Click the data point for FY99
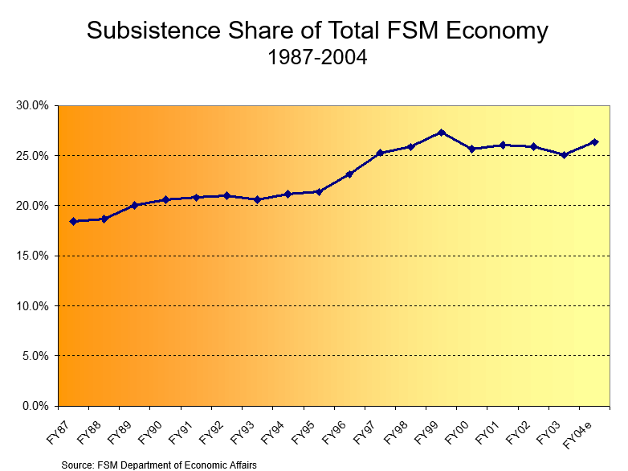[x=442, y=133]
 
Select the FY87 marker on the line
[x=73, y=221]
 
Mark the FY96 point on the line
[x=349, y=174]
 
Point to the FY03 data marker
[x=565, y=154]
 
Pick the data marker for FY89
[x=135, y=205]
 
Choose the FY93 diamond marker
[x=258, y=199]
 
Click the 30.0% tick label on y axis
[x=33, y=105]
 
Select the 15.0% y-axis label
[x=33, y=256]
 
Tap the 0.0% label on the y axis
[x=35, y=406]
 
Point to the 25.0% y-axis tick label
[x=33, y=155]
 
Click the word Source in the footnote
[x=79, y=464]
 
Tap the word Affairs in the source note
[x=242, y=464]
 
